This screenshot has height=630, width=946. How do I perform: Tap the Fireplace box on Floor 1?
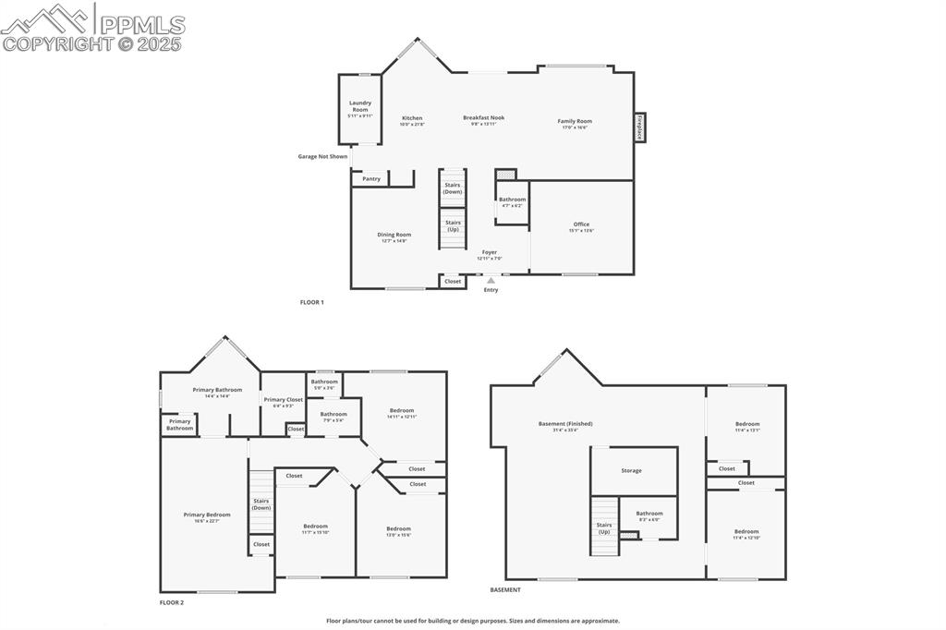(x=638, y=127)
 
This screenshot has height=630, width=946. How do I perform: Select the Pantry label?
(x=371, y=178)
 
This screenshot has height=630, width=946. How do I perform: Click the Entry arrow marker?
(x=491, y=280)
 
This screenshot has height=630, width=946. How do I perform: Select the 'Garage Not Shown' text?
(x=322, y=156)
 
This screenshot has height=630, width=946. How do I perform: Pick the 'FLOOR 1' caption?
(x=312, y=302)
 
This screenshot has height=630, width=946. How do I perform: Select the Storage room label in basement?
(x=631, y=470)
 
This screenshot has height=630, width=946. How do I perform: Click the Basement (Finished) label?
(x=565, y=425)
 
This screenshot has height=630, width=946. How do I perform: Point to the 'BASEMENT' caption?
(x=505, y=589)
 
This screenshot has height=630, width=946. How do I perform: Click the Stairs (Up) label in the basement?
(x=604, y=528)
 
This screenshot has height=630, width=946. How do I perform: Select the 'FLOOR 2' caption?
(x=172, y=602)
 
